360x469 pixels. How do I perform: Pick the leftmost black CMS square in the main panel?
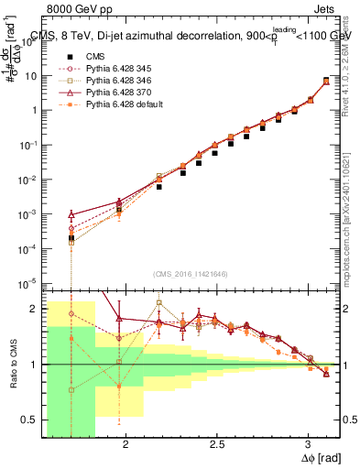point(71,238)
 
